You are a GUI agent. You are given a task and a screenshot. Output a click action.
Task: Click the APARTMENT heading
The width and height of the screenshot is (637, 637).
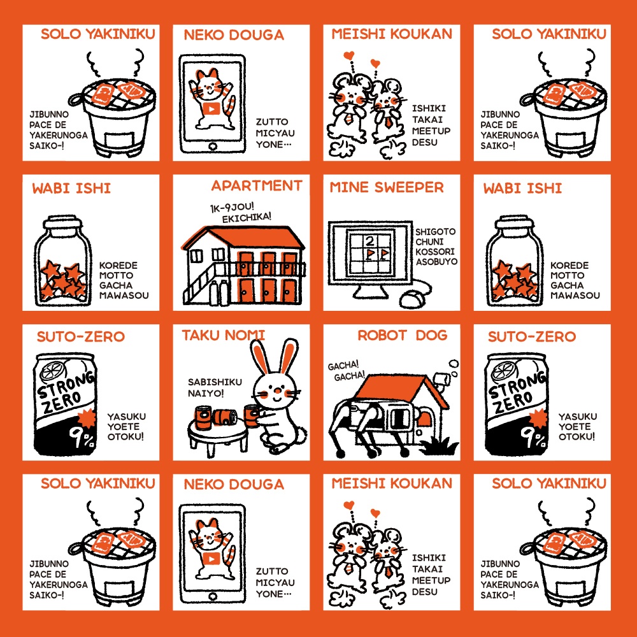[257, 185]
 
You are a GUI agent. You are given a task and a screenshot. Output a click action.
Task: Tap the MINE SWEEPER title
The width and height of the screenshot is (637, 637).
[387, 187]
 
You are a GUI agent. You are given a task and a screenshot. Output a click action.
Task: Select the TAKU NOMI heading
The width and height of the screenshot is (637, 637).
[223, 336]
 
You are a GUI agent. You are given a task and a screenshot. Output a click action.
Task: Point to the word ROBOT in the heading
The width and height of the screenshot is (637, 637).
[382, 335]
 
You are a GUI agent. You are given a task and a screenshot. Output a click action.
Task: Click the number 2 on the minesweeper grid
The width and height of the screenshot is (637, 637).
[369, 241]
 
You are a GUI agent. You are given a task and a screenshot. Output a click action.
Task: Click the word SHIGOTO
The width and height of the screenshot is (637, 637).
[435, 232]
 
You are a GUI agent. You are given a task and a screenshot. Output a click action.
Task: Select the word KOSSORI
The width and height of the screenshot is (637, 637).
[434, 252]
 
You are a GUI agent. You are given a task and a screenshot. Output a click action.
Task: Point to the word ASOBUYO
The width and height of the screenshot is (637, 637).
[436, 262]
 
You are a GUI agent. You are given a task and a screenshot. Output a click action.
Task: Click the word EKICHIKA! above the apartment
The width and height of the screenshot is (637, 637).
[246, 217]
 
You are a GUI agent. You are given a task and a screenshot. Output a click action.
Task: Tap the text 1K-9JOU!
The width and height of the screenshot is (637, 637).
[232, 207]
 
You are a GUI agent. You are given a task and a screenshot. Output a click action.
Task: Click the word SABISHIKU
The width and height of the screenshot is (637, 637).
[215, 382]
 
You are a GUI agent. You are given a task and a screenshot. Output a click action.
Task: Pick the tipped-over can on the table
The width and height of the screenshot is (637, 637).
[225, 418]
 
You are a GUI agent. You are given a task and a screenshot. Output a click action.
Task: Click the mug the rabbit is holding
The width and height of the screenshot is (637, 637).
[252, 416]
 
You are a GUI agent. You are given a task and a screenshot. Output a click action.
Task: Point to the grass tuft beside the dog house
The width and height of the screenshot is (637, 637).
[439, 446]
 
